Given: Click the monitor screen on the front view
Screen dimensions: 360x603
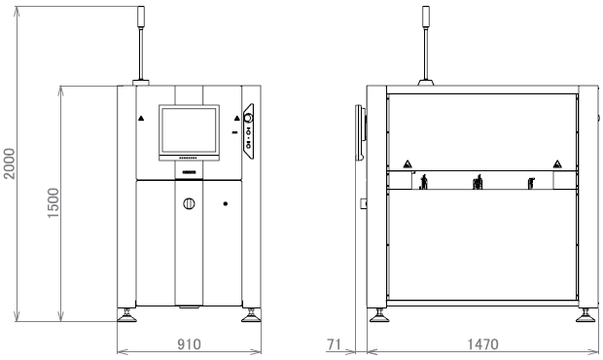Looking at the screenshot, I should tap(188, 128).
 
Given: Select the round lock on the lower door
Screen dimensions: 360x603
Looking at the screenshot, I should tap(188, 203).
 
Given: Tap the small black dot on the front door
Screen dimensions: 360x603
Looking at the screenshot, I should tap(226, 203).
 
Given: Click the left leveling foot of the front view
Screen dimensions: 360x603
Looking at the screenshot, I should tap(126, 315).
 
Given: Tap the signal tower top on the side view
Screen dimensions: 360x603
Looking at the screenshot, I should tap(425, 17).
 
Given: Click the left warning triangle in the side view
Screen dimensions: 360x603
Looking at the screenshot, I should tap(407, 163).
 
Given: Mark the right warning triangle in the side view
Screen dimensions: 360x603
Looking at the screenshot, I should tap(556, 163).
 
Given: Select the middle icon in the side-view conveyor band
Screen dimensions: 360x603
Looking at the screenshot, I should tap(478, 182).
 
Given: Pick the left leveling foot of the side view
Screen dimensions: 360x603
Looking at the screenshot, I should tap(377, 316).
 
